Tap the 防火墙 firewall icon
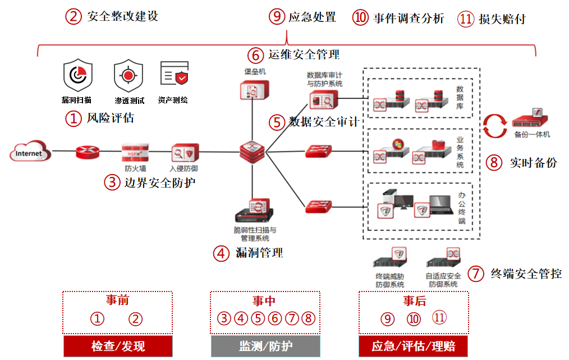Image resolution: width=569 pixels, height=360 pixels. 135,152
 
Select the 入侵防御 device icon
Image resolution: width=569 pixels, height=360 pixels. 185,153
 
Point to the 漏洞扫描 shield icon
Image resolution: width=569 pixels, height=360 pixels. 77,78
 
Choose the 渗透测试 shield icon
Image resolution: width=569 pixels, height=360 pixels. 129,76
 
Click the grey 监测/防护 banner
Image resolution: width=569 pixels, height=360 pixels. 265,346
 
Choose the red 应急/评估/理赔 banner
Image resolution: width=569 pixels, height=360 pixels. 413,346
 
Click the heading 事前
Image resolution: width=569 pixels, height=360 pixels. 117,300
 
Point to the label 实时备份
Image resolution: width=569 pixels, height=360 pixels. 533,163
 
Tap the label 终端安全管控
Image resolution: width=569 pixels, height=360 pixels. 525,274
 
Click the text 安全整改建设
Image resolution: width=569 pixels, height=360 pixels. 122,16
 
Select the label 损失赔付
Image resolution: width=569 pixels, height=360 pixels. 502,19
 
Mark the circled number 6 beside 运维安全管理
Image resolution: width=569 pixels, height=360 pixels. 255,54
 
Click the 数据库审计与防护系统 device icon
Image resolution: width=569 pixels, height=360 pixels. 323,101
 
